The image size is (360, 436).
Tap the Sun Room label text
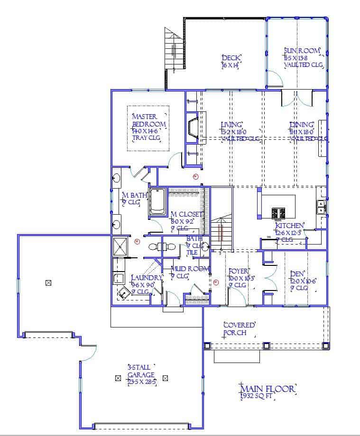[x=303, y=58]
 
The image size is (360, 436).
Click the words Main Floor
[x=268, y=389]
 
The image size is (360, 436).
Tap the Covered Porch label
[x=240, y=329]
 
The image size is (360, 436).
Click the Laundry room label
[x=147, y=281]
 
